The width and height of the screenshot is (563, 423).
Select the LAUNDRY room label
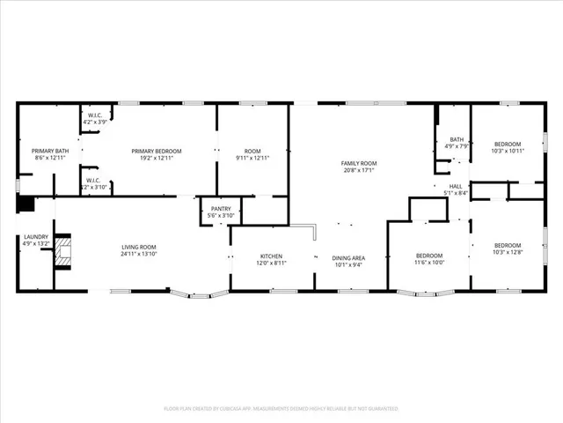[36, 236]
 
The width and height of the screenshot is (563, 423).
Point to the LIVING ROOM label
[139, 247]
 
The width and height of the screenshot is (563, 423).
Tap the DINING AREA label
[348, 257]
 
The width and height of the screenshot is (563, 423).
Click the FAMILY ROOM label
[359, 164]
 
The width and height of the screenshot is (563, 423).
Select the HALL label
[456, 186]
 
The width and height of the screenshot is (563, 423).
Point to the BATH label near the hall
[457, 139]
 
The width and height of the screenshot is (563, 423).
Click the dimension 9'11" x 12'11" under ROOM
[252, 159]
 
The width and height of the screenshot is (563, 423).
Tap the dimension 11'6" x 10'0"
[430, 263]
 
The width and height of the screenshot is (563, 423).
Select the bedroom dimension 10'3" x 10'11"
[508, 151]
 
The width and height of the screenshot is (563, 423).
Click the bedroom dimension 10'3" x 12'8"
[508, 252]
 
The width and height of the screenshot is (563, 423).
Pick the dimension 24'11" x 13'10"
[139, 254]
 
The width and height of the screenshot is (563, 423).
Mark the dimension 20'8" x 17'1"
[359, 171]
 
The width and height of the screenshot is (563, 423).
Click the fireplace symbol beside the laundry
[62, 253]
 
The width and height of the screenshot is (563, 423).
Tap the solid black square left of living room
[25, 204]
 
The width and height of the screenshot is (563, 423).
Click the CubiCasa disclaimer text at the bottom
[281, 409]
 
